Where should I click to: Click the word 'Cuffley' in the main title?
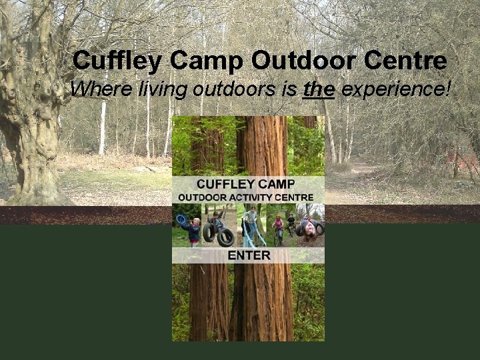pos(116,61)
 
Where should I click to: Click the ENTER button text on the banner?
pos(248,255)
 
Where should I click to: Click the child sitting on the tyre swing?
pos(217,224)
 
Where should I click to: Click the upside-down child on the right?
pos(309,228)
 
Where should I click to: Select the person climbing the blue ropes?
pos(251,223)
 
